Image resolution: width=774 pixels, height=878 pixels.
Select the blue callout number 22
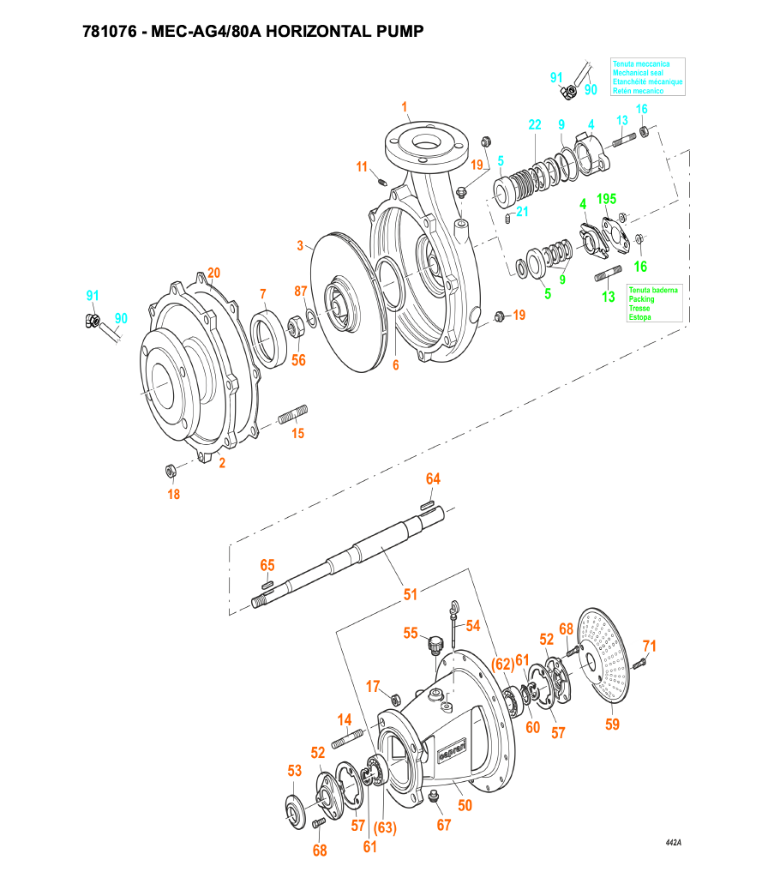[535, 124]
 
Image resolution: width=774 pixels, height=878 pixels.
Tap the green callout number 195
[606, 199]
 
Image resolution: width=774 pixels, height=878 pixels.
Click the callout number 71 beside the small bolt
[650, 646]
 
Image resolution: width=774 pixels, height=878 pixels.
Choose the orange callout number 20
[213, 273]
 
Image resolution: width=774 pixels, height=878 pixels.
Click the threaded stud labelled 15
[292, 415]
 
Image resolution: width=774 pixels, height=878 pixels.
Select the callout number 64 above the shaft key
[433, 478]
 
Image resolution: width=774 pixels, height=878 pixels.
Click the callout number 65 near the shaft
[267, 565]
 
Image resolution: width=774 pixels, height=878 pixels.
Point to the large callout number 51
[411, 593]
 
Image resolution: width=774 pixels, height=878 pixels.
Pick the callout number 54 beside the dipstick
[472, 626]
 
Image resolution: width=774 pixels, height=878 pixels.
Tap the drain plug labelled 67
[433, 797]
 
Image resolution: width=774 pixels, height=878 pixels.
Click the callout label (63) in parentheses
[385, 827]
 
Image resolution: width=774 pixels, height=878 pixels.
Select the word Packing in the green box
[641, 299]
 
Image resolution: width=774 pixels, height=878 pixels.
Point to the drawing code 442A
[673, 843]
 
